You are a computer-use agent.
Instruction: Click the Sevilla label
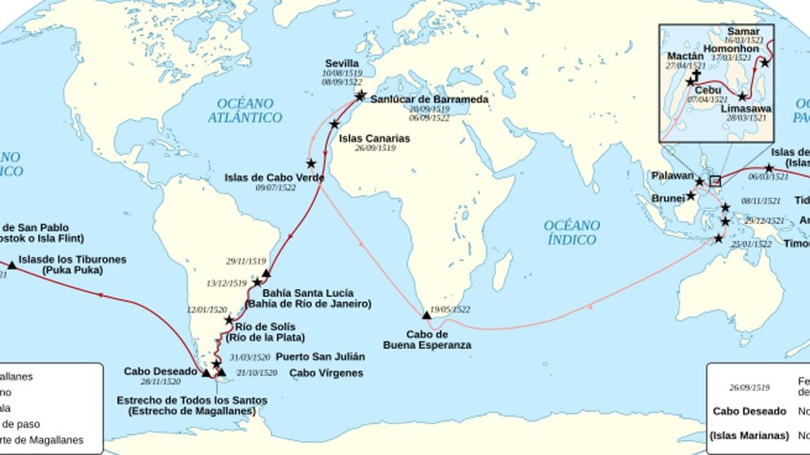[x=342, y=64]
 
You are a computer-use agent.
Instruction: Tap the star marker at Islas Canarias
[x=335, y=124]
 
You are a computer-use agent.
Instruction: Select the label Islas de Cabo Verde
[x=274, y=178]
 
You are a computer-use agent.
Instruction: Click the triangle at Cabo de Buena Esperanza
[x=426, y=316]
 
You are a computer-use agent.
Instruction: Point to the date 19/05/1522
[x=450, y=309]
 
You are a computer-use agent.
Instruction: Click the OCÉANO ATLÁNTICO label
[x=245, y=111]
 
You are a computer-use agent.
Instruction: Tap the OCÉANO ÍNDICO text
[x=572, y=232]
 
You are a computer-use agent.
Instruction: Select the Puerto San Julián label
[x=320, y=357]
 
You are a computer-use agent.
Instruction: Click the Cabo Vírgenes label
[x=326, y=373]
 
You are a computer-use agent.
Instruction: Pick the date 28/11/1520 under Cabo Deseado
[x=160, y=381]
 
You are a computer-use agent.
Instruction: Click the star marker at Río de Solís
[x=229, y=320]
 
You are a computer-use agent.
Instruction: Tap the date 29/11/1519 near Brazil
[x=246, y=261]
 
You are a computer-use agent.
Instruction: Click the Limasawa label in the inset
[x=746, y=109]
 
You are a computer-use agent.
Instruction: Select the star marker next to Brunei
[x=691, y=196]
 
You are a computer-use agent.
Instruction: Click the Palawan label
[x=672, y=176]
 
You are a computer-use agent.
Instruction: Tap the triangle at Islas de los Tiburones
[x=12, y=265]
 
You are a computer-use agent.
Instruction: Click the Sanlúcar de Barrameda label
[x=429, y=99]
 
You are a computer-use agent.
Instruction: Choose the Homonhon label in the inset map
[x=731, y=49]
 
